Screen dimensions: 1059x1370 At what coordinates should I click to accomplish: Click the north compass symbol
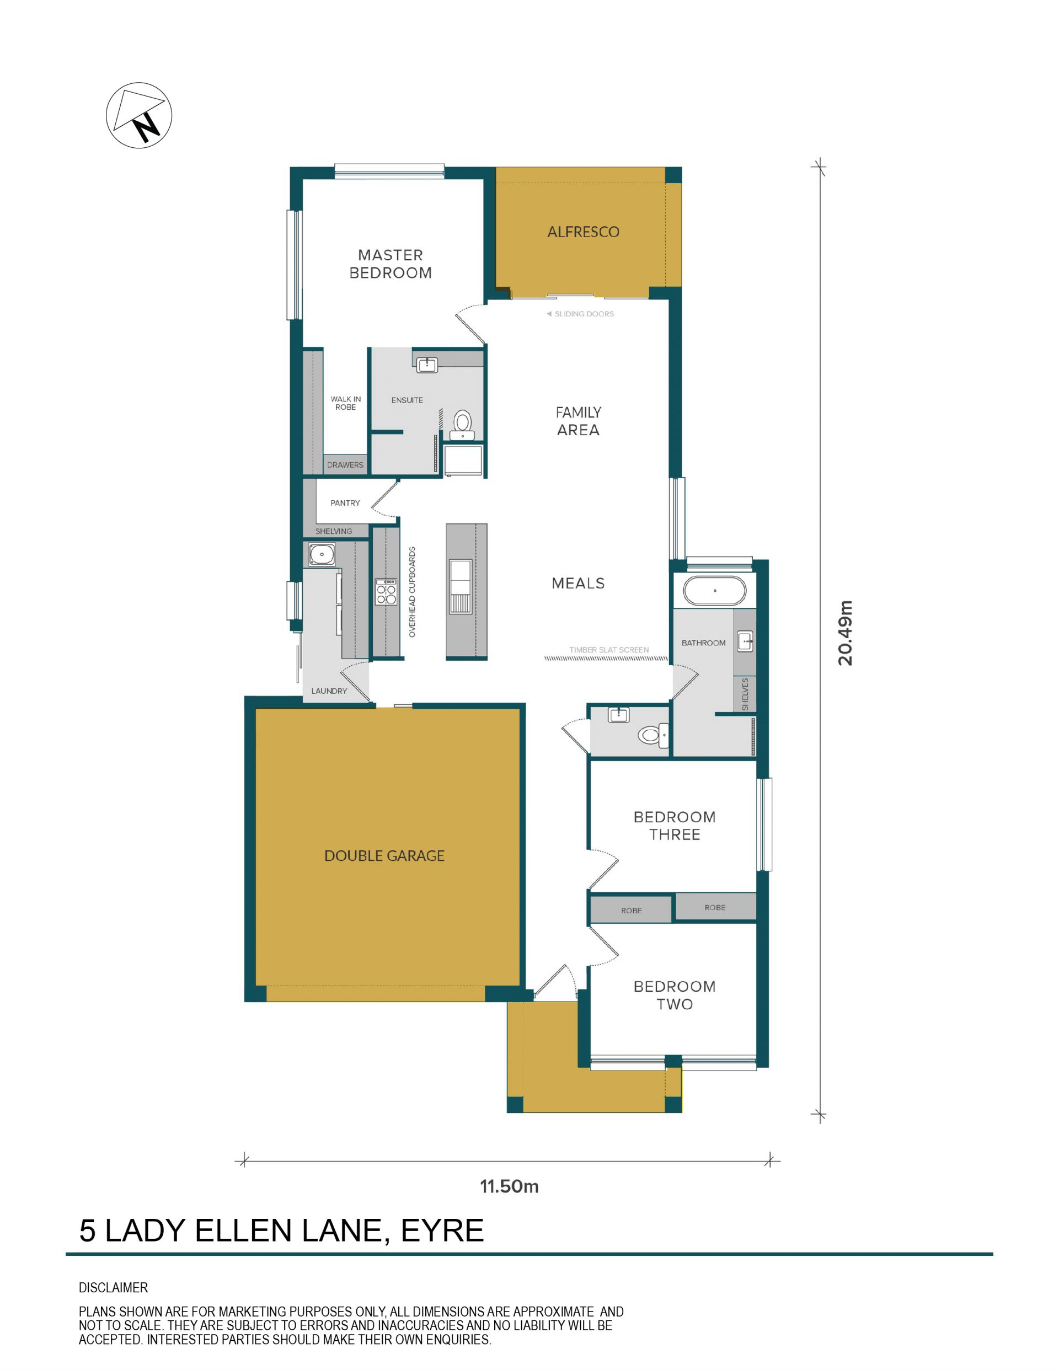pyautogui.click(x=138, y=115)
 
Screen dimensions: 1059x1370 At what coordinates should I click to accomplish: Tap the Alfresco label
pyautogui.click(x=583, y=232)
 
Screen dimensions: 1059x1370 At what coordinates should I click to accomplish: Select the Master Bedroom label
pyautogui.click(x=390, y=264)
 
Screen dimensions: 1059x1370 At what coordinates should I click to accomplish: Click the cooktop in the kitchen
pyautogui.click(x=386, y=592)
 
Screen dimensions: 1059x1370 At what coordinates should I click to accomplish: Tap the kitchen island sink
pyautogui.click(x=461, y=586)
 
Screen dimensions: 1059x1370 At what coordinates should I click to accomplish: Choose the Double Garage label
pyautogui.click(x=384, y=855)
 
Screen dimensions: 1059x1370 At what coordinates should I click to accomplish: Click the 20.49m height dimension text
pyautogui.click(x=845, y=633)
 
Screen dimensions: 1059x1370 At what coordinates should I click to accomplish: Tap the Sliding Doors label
pyautogui.click(x=584, y=314)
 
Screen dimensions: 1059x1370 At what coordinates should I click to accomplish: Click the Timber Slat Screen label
pyautogui.click(x=608, y=650)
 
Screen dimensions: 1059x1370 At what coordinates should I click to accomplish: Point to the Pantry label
pyautogui.click(x=345, y=503)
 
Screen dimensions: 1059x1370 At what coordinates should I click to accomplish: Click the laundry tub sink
pyautogui.click(x=322, y=554)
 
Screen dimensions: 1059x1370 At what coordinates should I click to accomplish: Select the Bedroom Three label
pyautogui.click(x=675, y=826)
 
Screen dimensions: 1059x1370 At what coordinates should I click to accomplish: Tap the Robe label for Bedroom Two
pyautogui.click(x=631, y=911)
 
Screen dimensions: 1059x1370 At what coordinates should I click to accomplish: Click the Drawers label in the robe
pyautogui.click(x=345, y=465)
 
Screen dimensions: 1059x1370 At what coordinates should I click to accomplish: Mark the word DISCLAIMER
pyautogui.click(x=114, y=1288)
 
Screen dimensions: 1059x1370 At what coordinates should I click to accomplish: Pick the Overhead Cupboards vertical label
pyautogui.click(x=412, y=592)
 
